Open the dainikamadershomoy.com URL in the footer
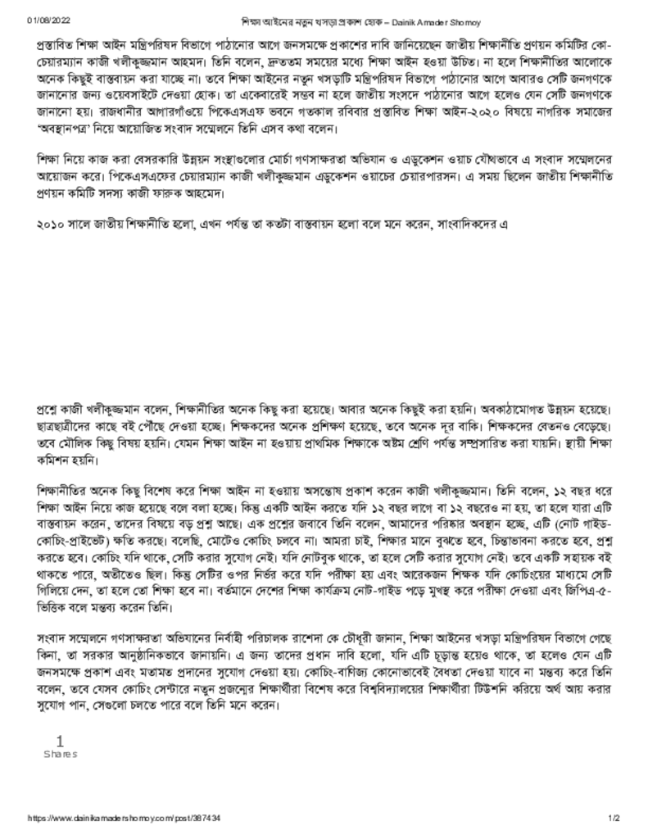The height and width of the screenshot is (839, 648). [x=124, y=818]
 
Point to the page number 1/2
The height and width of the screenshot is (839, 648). [x=614, y=818]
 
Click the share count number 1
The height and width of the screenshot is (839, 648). [x=59, y=740]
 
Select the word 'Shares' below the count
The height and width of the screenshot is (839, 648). [x=60, y=754]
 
